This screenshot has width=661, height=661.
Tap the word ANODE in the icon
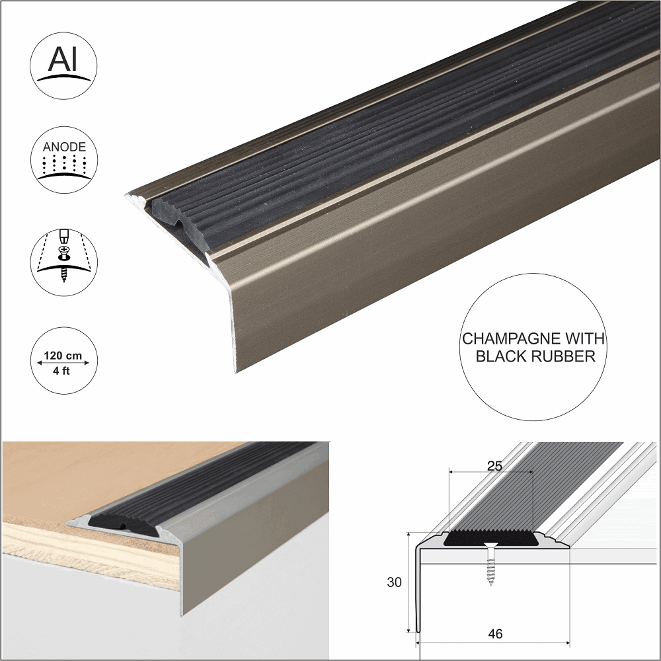point(64,147)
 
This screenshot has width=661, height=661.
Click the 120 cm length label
point(63,356)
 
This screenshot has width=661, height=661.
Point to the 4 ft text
point(63,371)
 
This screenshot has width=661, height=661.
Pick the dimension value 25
point(494,465)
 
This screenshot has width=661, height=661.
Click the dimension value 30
point(394,581)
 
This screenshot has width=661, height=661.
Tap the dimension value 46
point(494,634)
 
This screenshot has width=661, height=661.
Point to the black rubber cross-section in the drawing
point(490,538)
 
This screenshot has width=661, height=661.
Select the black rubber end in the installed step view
point(112,522)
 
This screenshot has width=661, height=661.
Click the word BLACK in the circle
point(502,357)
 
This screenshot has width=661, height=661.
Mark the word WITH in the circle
point(584,340)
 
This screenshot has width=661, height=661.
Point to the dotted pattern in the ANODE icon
point(64,165)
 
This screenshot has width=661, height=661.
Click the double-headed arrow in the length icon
point(63,364)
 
